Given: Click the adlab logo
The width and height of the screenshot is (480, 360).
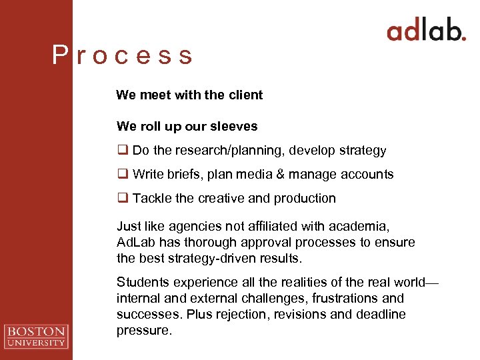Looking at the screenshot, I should (x=426, y=31).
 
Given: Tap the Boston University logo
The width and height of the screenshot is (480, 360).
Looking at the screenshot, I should (x=36, y=335).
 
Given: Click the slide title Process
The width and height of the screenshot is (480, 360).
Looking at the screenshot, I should (x=123, y=55).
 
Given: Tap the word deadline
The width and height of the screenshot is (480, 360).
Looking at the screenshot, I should (x=381, y=314).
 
